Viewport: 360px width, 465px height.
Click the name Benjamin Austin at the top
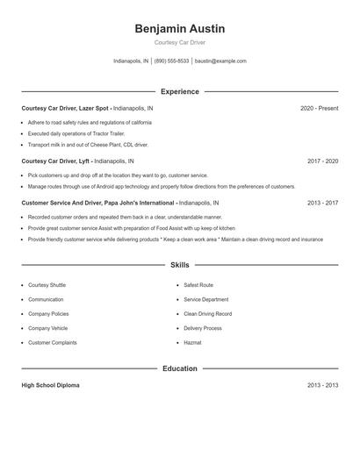coord(179,29)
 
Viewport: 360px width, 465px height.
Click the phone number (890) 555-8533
coord(171,61)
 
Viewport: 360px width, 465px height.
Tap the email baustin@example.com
coord(220,61)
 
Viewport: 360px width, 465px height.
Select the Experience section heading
coord(179,91)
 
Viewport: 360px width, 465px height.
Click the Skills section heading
coord(179,264)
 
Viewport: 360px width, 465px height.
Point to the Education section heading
coord(179,368)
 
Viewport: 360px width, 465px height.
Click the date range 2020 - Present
coord(319,108)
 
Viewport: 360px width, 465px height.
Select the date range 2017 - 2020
coord(322,161)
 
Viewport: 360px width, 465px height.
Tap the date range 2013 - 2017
coord(322,203)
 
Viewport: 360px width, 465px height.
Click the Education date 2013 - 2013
coord(322,385)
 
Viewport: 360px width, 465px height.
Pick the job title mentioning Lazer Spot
coord(87,108)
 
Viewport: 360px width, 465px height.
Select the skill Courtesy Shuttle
coord(47,285)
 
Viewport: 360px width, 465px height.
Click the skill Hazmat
coord(191,342)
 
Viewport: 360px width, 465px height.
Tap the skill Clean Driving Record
coord(207,313)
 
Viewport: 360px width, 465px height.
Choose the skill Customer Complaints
coord(52,342)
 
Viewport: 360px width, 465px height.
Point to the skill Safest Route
coord(198,285)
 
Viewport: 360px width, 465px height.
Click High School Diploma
coord(50,385)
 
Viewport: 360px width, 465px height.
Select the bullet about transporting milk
coord(88,145)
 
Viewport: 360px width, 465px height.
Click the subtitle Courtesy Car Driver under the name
coord(179,42)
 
